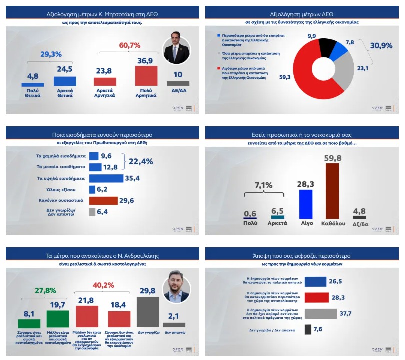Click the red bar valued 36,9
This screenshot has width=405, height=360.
[146, 76]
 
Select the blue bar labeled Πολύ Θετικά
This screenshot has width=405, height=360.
[33, 85]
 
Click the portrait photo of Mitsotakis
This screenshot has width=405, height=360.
[177, 50]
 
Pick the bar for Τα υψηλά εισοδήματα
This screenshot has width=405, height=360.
[106, 178]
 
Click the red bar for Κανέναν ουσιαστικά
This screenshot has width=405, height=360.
[103, 201]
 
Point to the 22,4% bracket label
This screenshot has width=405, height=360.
[141, 161]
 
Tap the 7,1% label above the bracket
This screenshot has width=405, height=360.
[263, 185]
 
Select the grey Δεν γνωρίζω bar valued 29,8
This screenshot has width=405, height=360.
[148, 312]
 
